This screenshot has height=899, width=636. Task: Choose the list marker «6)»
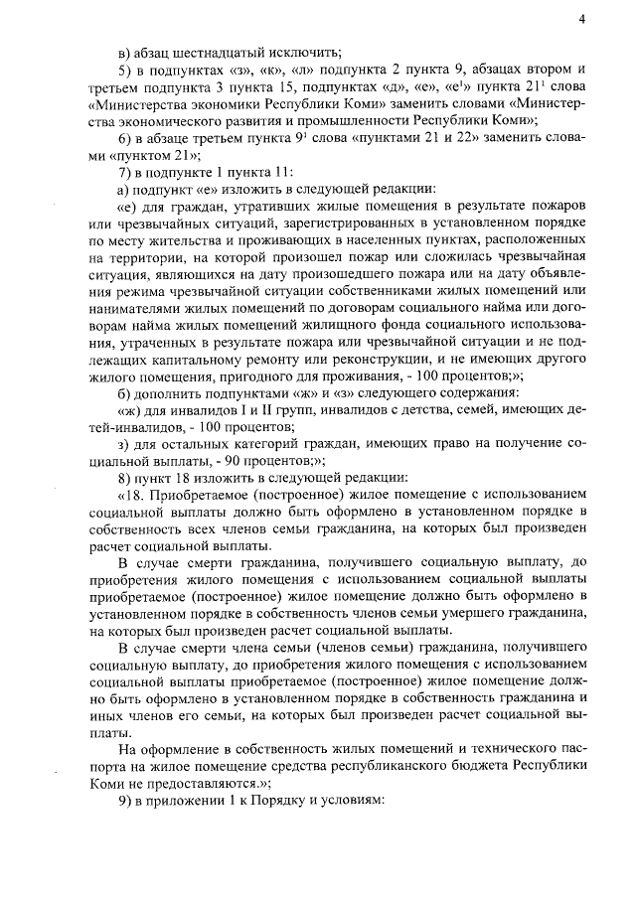125,137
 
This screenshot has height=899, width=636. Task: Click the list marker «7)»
125,171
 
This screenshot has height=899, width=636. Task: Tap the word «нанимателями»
135,307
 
